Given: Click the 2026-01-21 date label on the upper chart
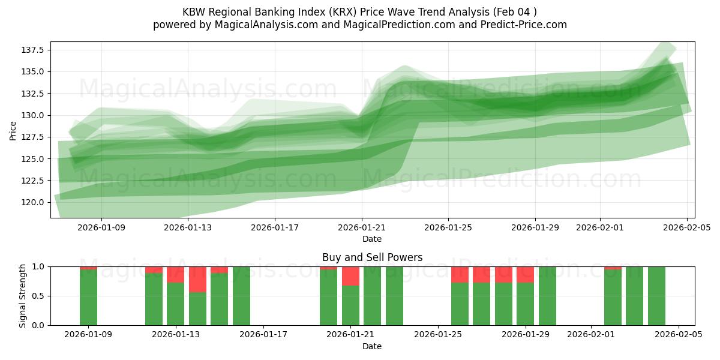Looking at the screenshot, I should pos(362,228).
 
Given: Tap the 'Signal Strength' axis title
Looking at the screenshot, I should pos(23,296).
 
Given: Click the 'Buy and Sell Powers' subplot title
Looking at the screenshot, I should pos(372,257).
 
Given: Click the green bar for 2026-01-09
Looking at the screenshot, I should pos(88,298).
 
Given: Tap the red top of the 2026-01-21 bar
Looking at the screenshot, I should pos(350,276).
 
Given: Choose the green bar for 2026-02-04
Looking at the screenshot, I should pos(656,296).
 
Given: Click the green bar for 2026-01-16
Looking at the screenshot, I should pos(241,296).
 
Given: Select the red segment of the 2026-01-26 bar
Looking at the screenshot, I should pos(460,275).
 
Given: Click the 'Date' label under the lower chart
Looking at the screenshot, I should pos(372,346).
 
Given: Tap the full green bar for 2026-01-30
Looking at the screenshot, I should pos(547,296).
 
